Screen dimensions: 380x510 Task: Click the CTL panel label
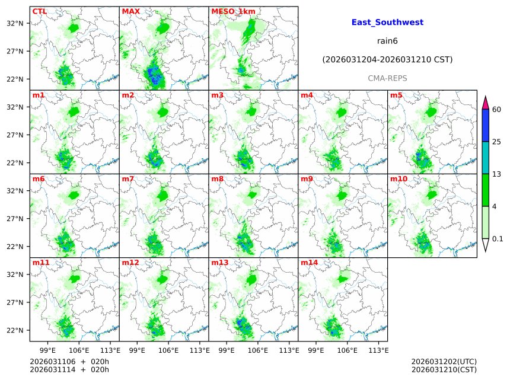point(40,11)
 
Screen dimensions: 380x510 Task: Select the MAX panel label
point(130,11)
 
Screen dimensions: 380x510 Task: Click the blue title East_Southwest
point(387,23)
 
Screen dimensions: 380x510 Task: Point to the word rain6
point(387,41)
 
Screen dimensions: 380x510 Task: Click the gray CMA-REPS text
point(387,78)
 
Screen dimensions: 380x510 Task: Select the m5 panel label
point(396,95)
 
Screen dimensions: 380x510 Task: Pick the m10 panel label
point(399,178)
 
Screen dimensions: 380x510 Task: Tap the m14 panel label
point(309,262)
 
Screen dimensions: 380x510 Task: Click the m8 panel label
point(217,178)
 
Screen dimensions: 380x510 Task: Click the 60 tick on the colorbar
point(497,110)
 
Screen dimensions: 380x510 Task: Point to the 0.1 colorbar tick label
point(498,239)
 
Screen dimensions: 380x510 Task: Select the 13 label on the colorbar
point(497,174)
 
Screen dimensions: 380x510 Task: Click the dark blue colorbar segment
point(486,126)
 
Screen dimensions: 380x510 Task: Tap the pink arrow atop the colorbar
point(486,102)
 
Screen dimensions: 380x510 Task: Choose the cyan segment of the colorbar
point(486,158)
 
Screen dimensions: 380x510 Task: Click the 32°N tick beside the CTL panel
point(15,23)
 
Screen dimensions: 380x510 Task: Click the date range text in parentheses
point(387,60)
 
